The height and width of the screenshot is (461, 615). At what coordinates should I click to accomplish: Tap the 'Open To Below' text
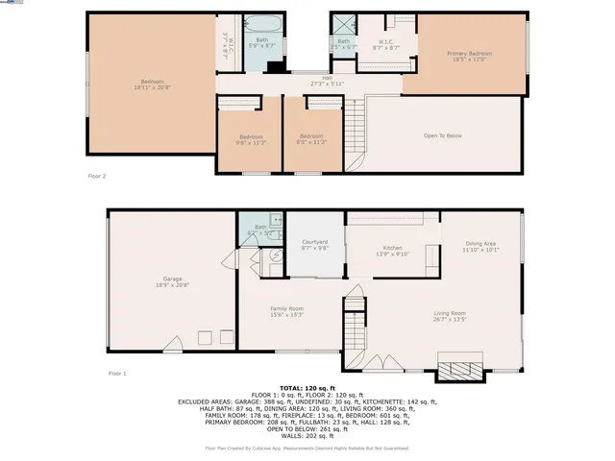[443, 135]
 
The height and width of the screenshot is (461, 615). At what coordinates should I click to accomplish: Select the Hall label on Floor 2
[327, 81]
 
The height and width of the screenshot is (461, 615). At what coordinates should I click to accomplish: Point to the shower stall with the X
[342, 27]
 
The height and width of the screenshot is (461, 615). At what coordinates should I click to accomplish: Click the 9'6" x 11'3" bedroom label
[251, 139]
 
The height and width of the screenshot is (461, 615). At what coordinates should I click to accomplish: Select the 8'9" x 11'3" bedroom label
[312, 139]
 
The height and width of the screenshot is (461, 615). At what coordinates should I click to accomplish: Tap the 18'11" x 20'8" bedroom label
[152, 85]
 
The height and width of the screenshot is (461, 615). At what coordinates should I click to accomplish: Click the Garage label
[172, 281]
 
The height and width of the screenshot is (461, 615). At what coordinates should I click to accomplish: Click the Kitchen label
[381, 251]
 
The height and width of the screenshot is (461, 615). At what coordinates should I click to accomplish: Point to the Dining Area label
[480, 247]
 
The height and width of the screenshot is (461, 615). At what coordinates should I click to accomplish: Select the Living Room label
[450, 316]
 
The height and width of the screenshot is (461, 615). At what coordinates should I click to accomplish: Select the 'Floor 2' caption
[97, 177]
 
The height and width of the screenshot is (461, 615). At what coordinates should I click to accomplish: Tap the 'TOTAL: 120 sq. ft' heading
[307, 387]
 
